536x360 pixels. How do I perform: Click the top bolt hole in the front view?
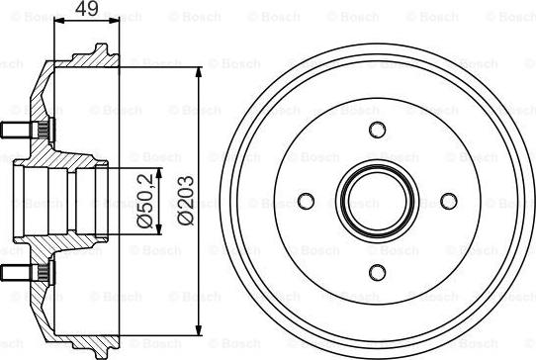click(x=375, y=131)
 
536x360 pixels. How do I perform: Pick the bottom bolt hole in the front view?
click(x=375, y=272)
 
